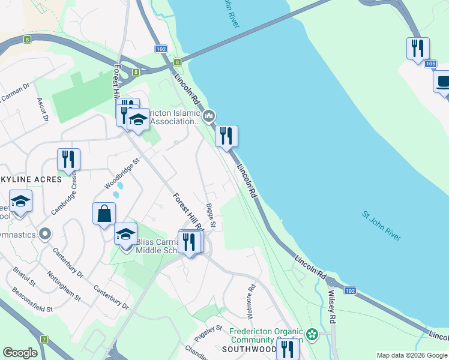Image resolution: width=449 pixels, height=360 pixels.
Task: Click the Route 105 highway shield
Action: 429,64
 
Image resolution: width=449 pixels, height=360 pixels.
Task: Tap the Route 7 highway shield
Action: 44,339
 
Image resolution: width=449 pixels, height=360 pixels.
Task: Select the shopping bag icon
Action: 104,214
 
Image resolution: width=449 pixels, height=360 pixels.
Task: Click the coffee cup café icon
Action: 443,81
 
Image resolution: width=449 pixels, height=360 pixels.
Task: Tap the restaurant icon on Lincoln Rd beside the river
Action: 226,136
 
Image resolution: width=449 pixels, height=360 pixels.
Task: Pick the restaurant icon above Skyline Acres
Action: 68,159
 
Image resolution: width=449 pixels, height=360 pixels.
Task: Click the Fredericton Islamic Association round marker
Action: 209,116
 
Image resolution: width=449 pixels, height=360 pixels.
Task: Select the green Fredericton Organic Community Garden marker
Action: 312,334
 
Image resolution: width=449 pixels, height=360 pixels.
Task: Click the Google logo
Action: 20,353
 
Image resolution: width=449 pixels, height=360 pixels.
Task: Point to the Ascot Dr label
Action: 42,110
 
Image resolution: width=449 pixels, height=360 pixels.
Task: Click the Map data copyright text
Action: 412,355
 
